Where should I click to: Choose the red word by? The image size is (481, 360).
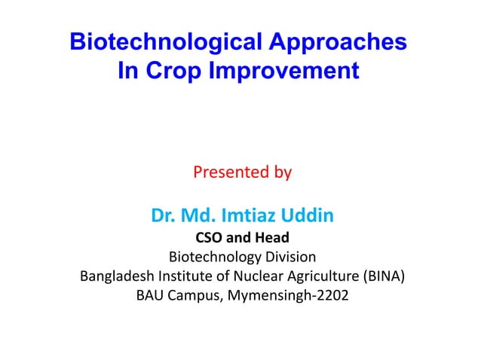282,173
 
